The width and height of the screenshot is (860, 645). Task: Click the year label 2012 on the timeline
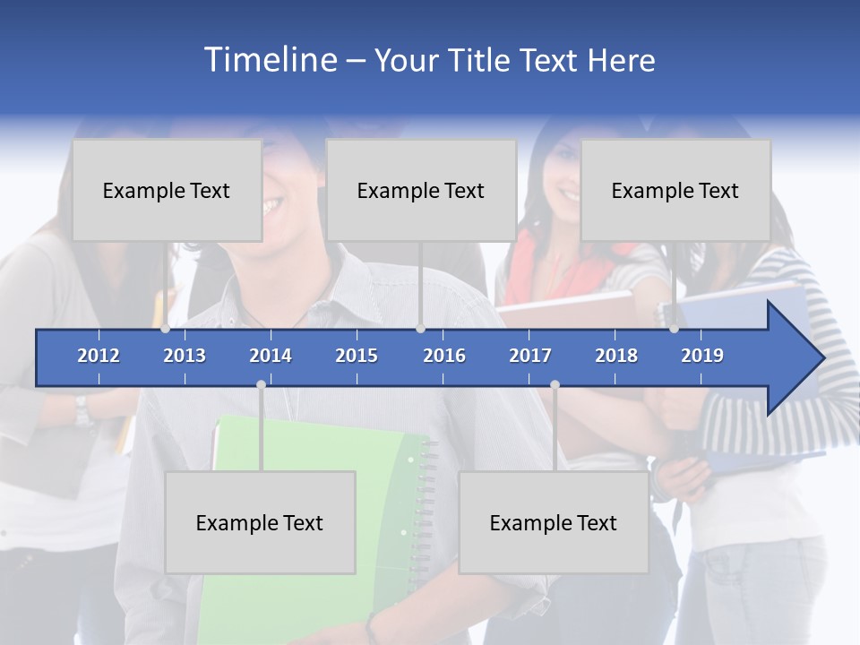99,356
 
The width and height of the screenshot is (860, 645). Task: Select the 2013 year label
185,356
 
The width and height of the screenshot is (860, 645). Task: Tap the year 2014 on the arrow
271,356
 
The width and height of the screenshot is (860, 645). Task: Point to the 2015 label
357,356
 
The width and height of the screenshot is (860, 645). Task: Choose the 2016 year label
444,356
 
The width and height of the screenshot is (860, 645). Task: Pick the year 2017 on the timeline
530,356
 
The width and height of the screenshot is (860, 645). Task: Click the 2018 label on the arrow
616,356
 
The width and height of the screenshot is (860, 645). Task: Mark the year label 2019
702,356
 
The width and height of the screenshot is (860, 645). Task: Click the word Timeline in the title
270,59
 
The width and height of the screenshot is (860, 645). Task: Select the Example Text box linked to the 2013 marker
167,190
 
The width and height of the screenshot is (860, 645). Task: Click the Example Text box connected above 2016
421,190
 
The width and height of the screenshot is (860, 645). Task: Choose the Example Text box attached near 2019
675,190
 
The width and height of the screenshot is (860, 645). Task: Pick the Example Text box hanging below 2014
260,522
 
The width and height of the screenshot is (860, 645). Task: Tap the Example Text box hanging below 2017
554,522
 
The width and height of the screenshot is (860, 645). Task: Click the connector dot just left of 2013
166,329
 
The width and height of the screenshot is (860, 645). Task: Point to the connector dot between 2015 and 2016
420,329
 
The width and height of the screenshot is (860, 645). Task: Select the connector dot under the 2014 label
261,385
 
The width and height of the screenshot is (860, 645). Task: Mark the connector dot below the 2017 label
555,385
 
